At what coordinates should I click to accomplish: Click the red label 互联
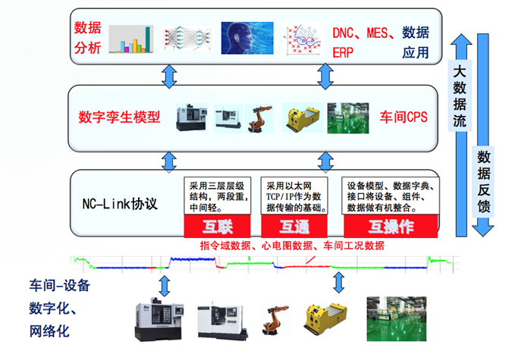[218, 227]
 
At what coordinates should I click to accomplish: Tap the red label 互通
[293, 227]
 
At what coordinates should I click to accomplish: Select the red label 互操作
[391, 227]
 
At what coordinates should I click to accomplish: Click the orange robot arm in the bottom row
[276, 318]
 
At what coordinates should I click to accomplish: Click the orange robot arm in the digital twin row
[259, 118]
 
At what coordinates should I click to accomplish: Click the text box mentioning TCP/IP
[294, 196]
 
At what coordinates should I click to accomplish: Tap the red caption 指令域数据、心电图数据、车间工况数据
[292, 246]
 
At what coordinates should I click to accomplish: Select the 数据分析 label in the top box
[87, 38]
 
